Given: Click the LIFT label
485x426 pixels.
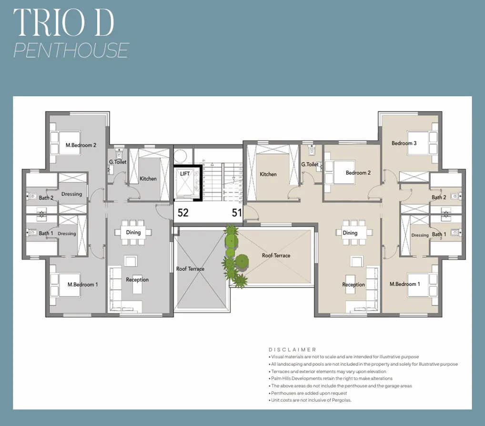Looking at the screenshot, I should coord(185,173).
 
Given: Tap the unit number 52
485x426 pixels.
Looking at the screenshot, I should coord(183,213).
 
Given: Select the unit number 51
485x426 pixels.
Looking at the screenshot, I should coord(237,213).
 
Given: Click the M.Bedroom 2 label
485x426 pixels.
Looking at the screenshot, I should coord(81,145).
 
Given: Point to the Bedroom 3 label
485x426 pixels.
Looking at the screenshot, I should coord(404,143).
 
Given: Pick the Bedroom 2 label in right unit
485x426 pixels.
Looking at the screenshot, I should coord(358,172).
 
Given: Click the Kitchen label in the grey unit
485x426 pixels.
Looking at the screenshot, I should coord(148,179).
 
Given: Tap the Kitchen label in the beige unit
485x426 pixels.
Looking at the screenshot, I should coord(268,174).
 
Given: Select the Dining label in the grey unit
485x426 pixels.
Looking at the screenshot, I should coord(133,233).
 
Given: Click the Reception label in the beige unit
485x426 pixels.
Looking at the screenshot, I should coord(354,284).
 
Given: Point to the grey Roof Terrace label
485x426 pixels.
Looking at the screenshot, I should coord(190,269).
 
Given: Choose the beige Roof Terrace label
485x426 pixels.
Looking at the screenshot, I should coord(276,255).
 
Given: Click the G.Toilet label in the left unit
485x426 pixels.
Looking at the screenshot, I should coord(117,162).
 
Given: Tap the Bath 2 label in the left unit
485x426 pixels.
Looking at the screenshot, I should coord(46,197).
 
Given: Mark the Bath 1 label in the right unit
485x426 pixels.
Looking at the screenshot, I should coord(439,234).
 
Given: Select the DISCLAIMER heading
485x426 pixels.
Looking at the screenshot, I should coord(293,349).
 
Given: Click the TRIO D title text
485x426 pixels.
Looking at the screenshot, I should coord(64,22).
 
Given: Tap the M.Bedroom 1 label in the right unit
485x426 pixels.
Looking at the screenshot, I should coord(405,284).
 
